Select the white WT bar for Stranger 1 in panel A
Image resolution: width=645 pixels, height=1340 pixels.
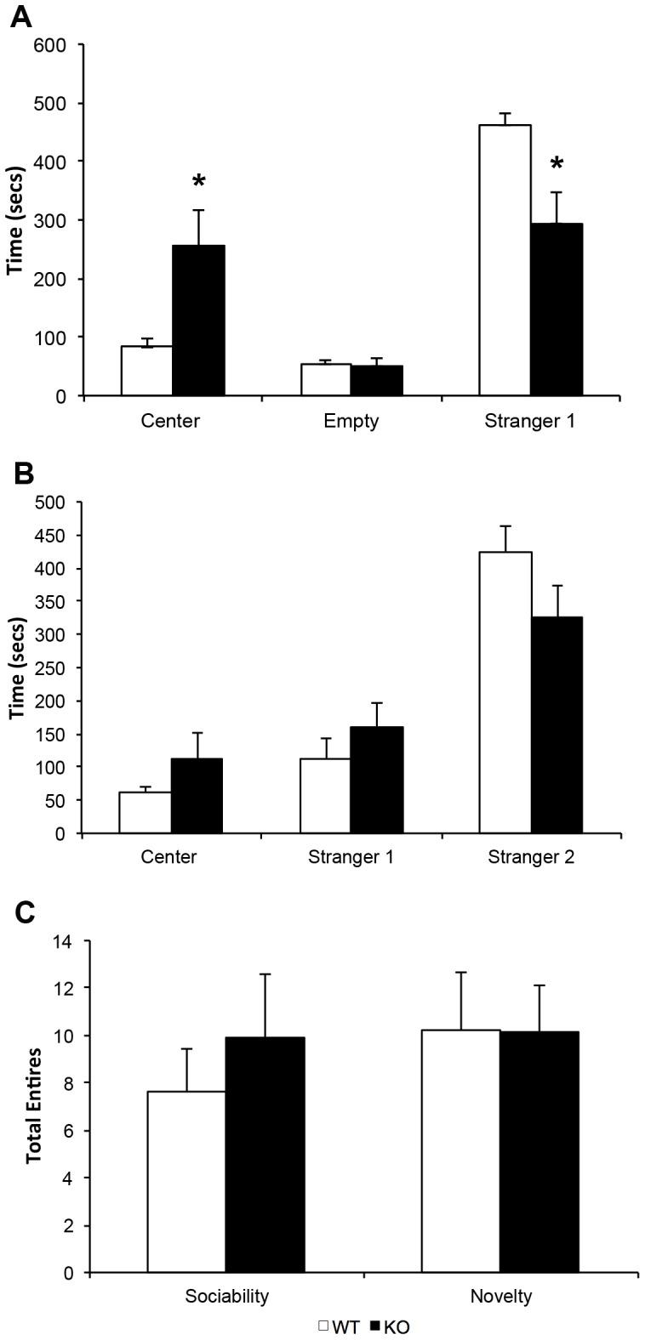click(505, 260)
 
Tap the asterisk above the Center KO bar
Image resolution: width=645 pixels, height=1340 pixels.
click(198, 182)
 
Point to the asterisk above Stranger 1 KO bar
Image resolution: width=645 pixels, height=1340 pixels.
click(557, 164)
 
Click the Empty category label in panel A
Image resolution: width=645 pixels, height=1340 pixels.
click(351, 421)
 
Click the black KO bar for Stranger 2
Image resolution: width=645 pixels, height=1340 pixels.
click(557, 724)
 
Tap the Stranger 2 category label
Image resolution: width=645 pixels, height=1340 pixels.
click(531, 856)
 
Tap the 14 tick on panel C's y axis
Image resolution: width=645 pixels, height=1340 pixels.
click(63, 941)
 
